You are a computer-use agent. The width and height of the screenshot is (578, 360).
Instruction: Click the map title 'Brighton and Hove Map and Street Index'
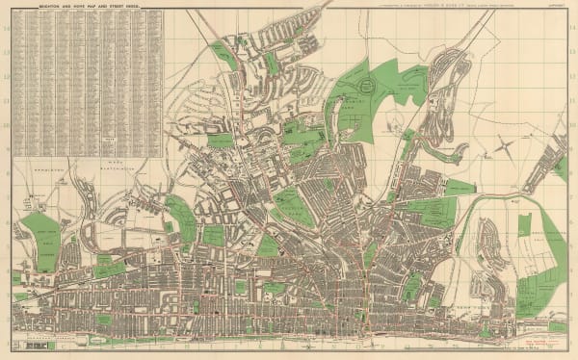[87, 6]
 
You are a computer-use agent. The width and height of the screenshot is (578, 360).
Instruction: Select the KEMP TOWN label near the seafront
[453, 316]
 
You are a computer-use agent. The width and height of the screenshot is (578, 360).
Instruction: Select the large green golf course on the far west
[39, 241]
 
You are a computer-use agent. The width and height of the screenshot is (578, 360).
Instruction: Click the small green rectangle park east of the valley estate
[524, 225]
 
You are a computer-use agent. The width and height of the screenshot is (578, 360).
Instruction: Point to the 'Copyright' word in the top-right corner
[557, 6]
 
